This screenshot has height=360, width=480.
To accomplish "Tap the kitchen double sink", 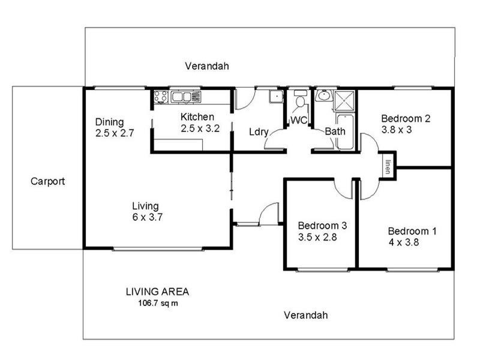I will (x=184, y=97).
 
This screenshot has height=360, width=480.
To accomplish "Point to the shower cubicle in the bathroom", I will (x=344, y=99).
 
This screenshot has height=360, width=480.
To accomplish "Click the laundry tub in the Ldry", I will (x=275, y=97).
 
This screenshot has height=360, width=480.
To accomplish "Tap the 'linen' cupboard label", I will (x=388, y=166).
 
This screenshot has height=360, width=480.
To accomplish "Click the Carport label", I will (x=47, y=181).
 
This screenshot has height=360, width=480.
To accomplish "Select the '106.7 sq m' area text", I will (x=158, y=303).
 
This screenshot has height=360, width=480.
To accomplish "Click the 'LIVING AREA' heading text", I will (x=157, y=292).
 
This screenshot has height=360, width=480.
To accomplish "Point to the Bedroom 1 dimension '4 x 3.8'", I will (x=404, y=243).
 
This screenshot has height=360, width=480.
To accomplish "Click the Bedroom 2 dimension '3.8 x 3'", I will (x=396, y=129).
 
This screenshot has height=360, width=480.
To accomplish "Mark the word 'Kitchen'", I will (x=197, y=117).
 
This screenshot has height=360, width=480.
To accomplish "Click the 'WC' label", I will (x=299, y=121).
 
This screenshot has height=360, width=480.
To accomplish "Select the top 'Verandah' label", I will (x=207, y=66).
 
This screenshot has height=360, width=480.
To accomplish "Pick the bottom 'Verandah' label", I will (x=306, y=315).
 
